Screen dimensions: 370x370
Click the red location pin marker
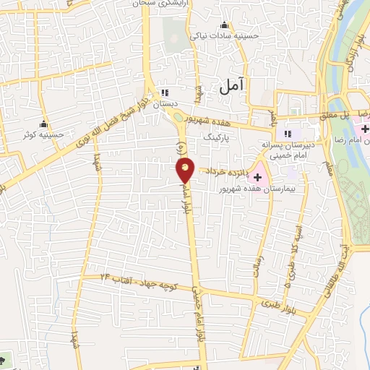[x=186, y=171]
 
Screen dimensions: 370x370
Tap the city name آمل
[x=231, y=86]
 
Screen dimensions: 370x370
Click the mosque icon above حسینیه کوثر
[x=44, y=122]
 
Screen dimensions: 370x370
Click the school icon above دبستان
[x=164, y=92]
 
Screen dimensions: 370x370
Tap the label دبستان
[x=164, y=104]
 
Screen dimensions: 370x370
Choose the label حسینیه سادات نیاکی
[x=224, y=34]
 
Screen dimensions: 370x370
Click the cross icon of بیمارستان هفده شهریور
[x=257, y=178]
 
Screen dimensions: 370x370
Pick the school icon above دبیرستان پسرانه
[x=288, y=134]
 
